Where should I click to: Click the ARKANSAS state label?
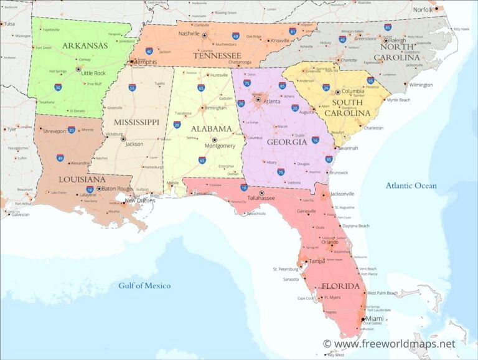point(85,45)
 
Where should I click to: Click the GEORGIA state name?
point(286,141)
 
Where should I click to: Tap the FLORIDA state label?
point(340,287)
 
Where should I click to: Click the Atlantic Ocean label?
point(411,185)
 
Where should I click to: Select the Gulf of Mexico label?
point(144,285)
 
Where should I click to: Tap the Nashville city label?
point(189,34)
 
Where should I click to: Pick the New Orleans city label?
point(139,200)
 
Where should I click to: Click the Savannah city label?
point(348,148)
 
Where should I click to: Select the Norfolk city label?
point(423,9)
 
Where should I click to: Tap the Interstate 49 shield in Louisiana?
point(60,158)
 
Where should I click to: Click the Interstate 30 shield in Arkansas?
point(57,88)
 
